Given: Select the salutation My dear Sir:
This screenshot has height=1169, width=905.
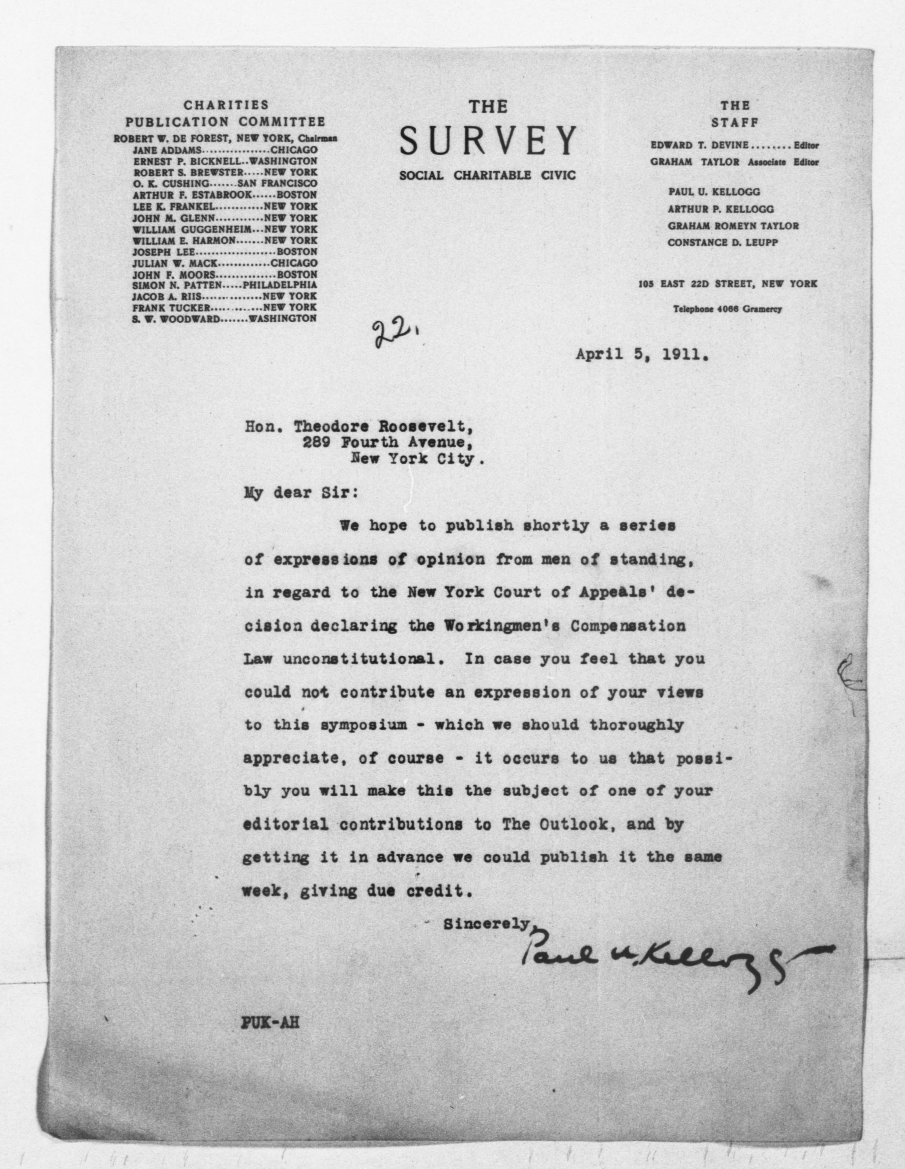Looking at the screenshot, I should coord(301,492).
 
